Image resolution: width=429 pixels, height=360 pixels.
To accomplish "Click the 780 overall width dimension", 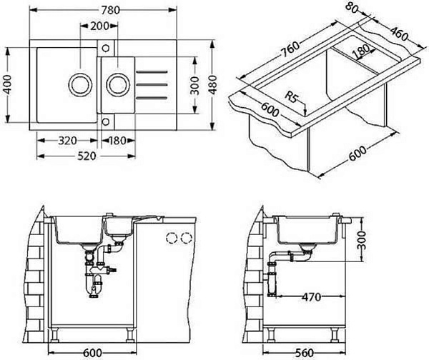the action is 111,10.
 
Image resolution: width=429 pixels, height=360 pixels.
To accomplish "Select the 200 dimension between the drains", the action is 100,26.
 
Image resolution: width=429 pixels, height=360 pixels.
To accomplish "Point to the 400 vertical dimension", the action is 9,84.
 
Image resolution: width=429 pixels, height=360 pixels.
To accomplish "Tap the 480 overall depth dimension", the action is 212,85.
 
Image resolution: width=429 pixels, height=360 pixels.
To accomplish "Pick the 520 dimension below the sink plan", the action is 87,156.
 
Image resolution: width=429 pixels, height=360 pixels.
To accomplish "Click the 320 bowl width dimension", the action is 68,141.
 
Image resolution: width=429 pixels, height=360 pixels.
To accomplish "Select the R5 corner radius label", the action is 291,96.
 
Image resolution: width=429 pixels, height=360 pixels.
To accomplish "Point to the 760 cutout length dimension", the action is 291,49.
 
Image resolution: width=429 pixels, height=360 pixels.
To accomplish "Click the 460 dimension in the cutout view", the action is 399,33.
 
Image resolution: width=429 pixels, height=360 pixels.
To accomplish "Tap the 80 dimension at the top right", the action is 352,7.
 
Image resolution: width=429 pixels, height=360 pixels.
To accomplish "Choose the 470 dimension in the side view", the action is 311,296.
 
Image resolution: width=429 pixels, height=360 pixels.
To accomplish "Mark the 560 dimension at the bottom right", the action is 304,353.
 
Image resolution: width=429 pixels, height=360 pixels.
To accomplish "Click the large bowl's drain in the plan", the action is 80,84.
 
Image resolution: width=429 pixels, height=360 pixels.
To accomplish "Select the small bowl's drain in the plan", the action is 118,84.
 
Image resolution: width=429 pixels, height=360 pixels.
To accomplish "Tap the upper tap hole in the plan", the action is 106,49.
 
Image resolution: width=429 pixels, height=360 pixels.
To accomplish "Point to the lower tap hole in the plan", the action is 106,121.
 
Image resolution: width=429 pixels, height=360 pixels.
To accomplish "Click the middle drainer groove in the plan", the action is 152,85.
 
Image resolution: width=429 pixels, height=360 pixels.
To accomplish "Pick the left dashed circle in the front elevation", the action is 172,238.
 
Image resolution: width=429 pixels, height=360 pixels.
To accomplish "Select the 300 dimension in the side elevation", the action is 362,240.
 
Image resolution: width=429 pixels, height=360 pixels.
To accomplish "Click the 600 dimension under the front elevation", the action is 92,353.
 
